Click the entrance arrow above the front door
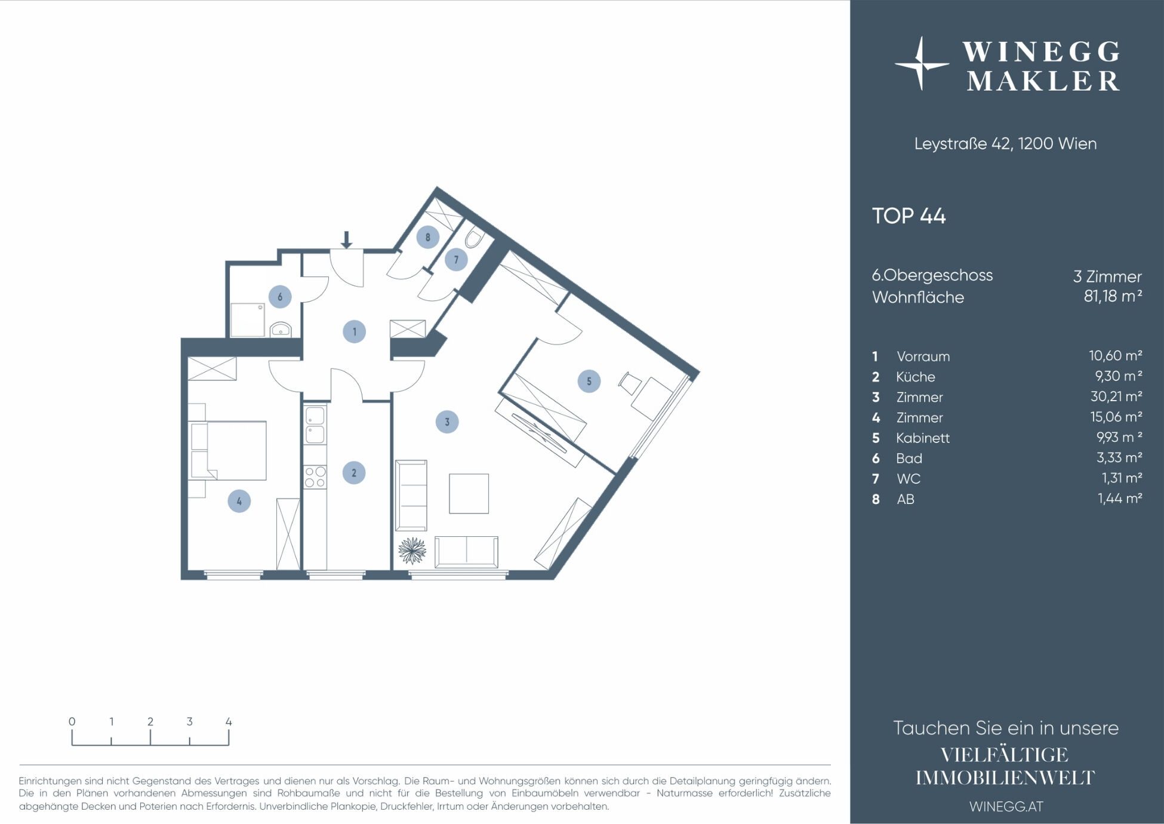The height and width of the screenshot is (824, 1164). [x=346, y=240]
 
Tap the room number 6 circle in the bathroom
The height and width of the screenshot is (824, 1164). [x=280, y=297]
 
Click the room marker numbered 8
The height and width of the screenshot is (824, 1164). [x=427, y=237]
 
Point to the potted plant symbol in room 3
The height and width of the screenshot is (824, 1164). [x=412, y=551]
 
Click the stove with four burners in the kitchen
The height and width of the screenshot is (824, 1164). [x=315, y=477]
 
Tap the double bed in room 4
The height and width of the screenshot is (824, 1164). [x=228, y=450]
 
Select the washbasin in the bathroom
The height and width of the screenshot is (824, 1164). [x=280, y=329]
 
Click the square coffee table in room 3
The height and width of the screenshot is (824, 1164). [x=469, y=493]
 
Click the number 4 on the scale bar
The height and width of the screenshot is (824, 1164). [x=229, y=721]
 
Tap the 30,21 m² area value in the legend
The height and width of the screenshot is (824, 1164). [x=1116, y=396]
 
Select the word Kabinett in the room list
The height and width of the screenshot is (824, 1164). [x=922, y=438]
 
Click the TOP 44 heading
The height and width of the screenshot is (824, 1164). [x=909, y=216]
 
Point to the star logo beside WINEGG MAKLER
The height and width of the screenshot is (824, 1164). [x=921, y=64]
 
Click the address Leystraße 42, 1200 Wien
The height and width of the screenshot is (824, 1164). [x=1005, y=144]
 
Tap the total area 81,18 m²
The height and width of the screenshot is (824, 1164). [x=1113, y=296]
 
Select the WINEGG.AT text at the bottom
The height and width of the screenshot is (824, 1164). [x=1006, y=806]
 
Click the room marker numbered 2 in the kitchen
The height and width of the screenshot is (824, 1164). [x=354, y=473]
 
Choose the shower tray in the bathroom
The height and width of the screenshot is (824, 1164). [x=247, y=320]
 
